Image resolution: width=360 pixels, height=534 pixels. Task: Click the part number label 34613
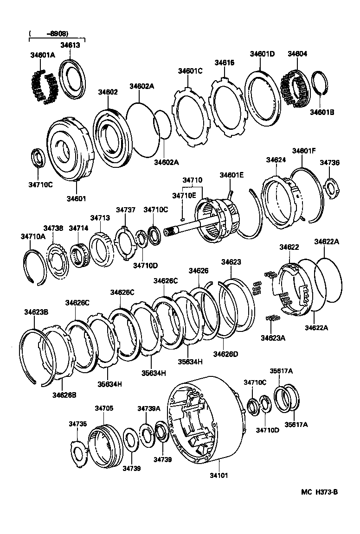click(x=70, y=45)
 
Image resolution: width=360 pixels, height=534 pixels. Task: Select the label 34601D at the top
click(x=263, y=54)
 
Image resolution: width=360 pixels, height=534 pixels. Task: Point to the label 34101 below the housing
click(x=219, y=475)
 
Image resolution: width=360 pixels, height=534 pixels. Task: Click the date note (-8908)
click(x=48, y=34)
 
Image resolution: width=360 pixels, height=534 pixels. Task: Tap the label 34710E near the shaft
click(x=184, y=196)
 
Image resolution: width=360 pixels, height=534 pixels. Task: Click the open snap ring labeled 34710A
click(x=35, y=266)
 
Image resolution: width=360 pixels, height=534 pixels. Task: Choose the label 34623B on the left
click(x=36, y=312)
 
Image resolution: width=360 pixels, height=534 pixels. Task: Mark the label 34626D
click(x=225, y=354)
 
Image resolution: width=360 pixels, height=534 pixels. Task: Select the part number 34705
click(x=104, y=408)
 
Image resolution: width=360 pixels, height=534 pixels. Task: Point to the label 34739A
click(x=148, y=408)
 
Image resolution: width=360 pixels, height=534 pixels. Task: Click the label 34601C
click(x=190, y=71)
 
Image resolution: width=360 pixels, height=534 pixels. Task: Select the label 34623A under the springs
click(x=273, y=338)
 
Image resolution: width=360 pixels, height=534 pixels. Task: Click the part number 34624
click(x=276, y=159)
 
